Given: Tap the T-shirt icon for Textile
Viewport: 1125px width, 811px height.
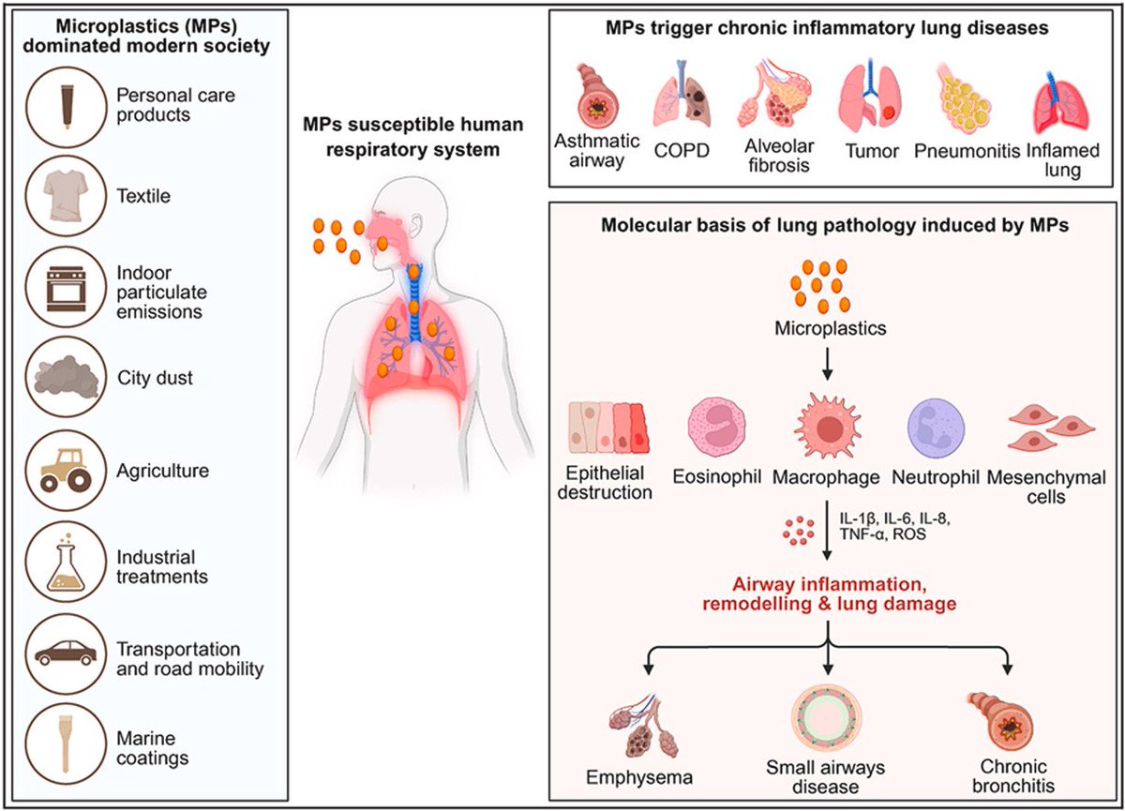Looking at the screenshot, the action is coord(66,195).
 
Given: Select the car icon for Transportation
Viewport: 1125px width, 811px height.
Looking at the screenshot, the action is coord(66,653).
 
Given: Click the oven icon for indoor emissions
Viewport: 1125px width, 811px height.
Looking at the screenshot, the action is coord(66,289).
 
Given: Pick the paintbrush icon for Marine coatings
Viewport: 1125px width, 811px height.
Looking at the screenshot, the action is coord(66,743).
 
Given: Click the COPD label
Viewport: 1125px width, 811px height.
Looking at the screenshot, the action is coord(682,151).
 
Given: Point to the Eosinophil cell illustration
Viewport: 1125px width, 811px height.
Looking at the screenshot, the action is coord(716,428).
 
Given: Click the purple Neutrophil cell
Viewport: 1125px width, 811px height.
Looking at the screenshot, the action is coord(936,428).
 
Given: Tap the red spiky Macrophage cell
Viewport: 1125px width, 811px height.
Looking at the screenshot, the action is coord(828,427).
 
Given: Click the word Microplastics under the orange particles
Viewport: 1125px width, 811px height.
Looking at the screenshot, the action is coord(831,328).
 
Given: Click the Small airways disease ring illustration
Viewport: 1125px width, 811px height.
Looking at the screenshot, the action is coord(827,718).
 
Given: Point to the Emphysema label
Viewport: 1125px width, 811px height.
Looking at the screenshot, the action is coord(639,778).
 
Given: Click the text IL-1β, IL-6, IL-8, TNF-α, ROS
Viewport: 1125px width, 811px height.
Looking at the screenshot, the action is coord(894,525).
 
